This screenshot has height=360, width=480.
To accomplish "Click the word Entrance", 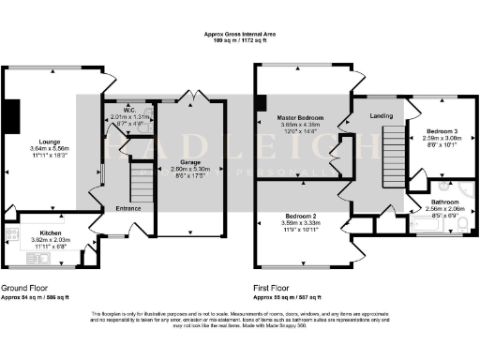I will coord(128,208).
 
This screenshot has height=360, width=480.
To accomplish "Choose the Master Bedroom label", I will coord(300,115).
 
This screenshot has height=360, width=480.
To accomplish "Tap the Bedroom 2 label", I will coord(300,217).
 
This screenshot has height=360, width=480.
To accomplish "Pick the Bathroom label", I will coord(444,202).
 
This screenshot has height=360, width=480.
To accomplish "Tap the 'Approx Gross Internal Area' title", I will coord(240,34).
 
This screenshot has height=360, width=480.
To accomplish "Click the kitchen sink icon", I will coord(16,234).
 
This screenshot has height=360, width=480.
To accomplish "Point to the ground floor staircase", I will coord(140,186).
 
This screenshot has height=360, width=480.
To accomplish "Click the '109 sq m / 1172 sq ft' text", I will coord(240,41).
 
